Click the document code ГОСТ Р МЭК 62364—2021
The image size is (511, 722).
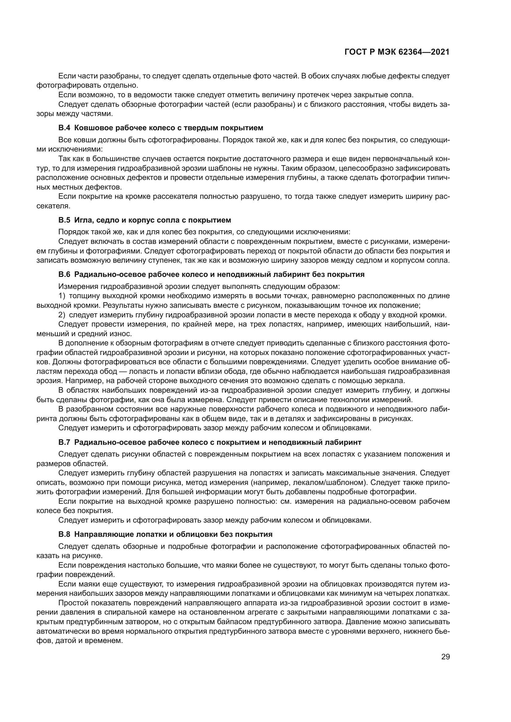[x=397, y=52]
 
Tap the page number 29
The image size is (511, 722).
[x=445, y=657]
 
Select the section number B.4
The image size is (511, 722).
[x=64, y=128]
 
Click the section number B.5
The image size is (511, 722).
[x=64, y=220]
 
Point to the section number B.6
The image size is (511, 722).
[x=64, y=274]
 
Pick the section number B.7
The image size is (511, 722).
[x=64, y=442]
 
